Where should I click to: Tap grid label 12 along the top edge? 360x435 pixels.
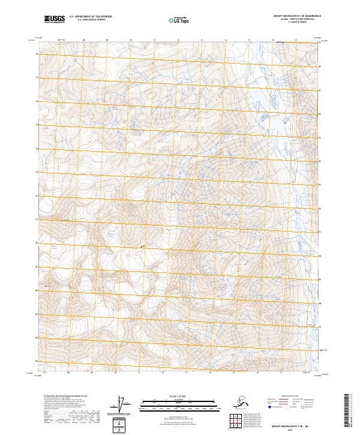pos(178,41)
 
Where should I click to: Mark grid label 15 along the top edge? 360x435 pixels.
pos(249,41)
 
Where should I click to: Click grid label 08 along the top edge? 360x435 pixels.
pos(83,41)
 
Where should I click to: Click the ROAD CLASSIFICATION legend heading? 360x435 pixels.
pos(288,397)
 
